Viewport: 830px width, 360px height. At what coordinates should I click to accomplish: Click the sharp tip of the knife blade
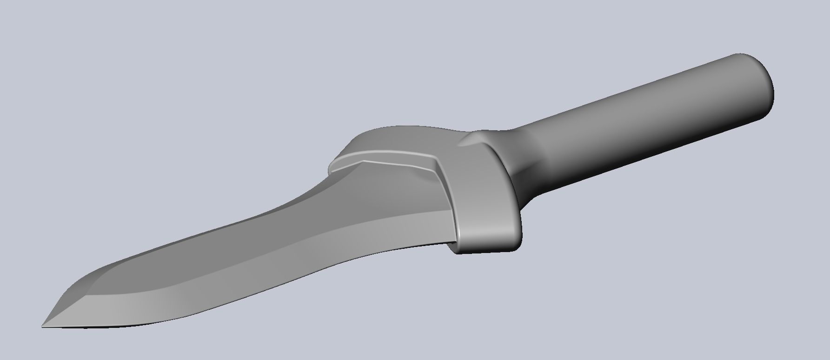coord(44,325)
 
